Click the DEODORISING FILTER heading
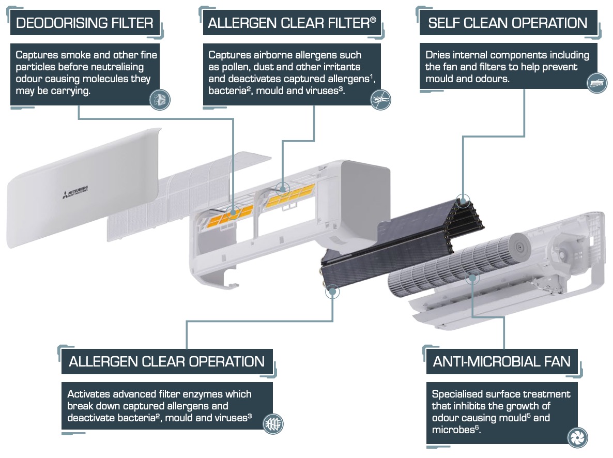[85, 23]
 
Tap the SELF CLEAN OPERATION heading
[508, 23]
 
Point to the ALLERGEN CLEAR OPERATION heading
[166, 361]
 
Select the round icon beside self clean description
[597, 83]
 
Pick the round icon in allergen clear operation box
[273, 423]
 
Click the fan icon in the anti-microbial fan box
[577, 437]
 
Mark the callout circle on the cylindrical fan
[471, 279]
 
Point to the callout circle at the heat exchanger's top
[464, 198]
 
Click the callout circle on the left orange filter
[233, 211]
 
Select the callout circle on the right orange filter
[282, 188]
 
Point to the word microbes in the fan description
[453, 430]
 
